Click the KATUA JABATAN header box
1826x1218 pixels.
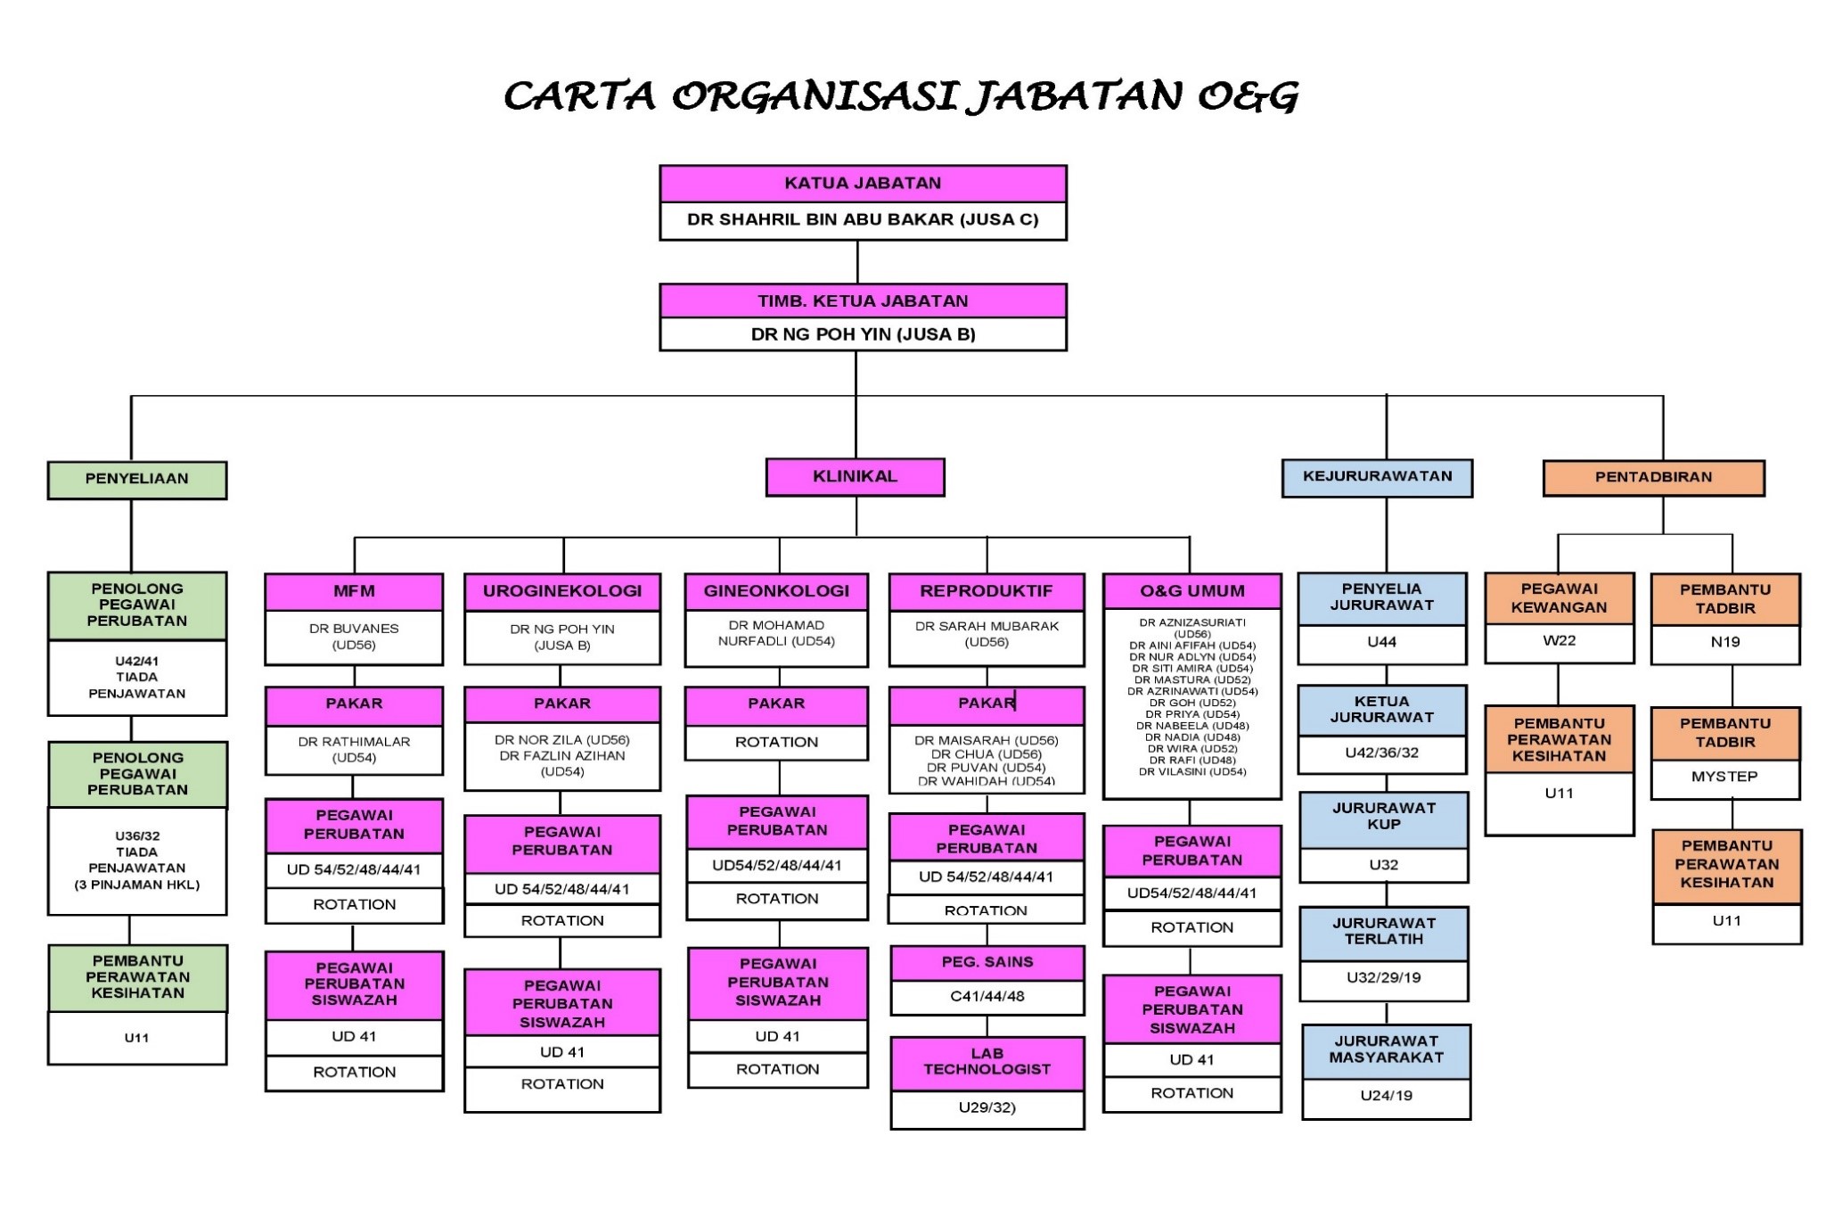point(863,184)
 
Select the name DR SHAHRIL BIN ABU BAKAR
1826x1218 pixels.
point(863,220)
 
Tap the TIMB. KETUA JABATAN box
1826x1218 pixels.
point(863,301)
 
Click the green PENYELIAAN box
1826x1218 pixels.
point(137,480)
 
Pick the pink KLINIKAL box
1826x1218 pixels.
point(855,477)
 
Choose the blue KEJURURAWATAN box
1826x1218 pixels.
point(1377,477)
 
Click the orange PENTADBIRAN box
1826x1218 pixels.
point(1653,478)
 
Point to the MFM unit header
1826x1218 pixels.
point(354,591)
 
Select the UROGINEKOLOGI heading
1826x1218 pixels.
point(562,591)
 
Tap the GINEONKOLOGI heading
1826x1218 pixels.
point(776,591)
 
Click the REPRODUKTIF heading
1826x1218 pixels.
point(987,591)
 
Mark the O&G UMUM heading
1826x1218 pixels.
point(1191,591)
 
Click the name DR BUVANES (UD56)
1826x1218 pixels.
point(354,637)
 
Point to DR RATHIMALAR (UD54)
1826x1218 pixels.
point(354,750)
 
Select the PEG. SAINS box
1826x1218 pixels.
point(987,963)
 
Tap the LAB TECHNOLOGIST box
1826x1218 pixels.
point(987,1062)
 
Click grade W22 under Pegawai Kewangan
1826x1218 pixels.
point(1559,641)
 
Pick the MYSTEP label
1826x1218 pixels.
point(1724,777)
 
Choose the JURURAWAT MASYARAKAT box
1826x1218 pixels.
point(1386,1050)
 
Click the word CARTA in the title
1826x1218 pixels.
point(580,96)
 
